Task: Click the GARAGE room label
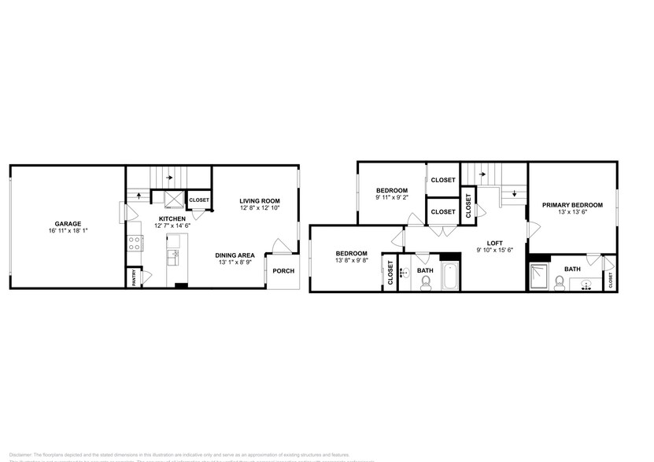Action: coord(68,223)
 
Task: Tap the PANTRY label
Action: coord(133,277)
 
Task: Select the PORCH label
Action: coord(283,272)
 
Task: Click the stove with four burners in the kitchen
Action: coord(135,242)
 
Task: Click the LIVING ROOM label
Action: coord(260,201)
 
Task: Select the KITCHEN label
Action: coord(172,218)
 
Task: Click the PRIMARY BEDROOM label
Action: coord(572,205)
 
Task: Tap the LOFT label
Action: coord(494,243)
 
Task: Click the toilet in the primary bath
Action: coord(560,281)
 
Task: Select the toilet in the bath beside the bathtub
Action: coord(425,283)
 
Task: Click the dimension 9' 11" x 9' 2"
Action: coord(391,198)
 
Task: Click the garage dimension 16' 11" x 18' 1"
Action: coord(68,231)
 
